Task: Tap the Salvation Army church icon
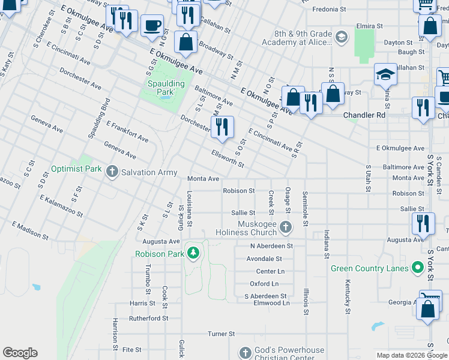pyautogui.click(x=112, y=172)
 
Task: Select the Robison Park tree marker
pyautogui.click(x=193, y=254)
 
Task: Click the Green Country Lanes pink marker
pyautogui.click(x=418, y=268)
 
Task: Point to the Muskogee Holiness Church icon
pyautogui.click(x=286, y=227)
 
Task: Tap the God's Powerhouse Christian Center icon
pyautogui.click(x=245, y=353)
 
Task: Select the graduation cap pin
pyautogui.click(x=385, y=75)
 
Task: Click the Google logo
pyautogui.click(x=20, y=353)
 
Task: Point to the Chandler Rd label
pyautogui.click(x=364, y=115)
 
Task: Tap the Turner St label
pyautogui.click(x=221, y=334)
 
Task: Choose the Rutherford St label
pyautogui.click(x=148, y=318)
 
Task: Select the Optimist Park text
pyautogui.click(x=76, y=169)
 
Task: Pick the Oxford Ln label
pyautogui.click(x=264, y=284)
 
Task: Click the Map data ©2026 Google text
pyautogui.click(x=411, y=355)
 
